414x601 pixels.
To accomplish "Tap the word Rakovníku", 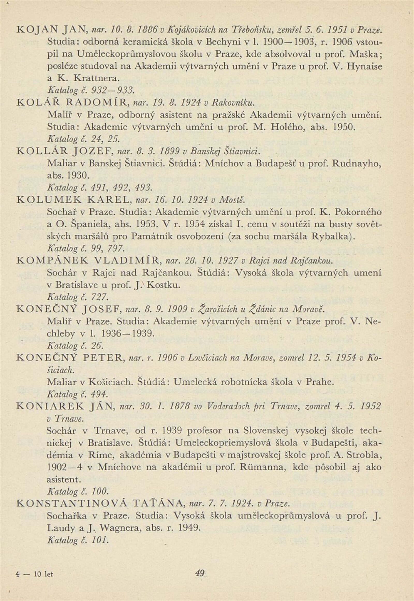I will click(x=232, y=102).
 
